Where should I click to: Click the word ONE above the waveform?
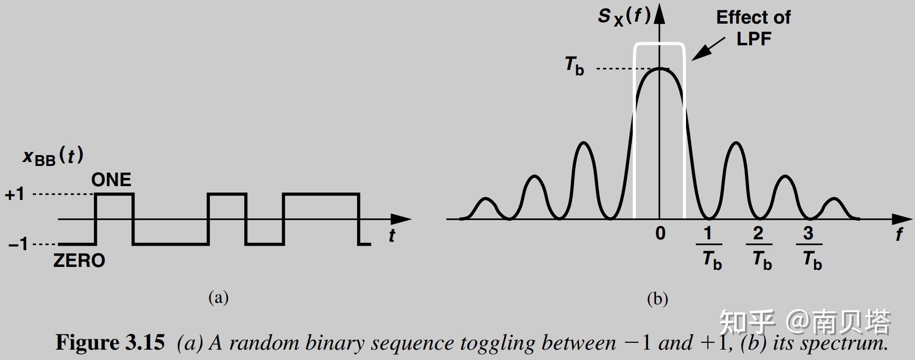pyautogui.click(x=111, y=180)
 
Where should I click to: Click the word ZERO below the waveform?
pyautogui.click(x=79, y=260)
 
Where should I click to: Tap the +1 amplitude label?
pyautogui.click(x=15, y=195)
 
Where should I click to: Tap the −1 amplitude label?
pyautogui.click(x=19, y=244)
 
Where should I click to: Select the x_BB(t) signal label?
pyautogui.click(x=53, y=157)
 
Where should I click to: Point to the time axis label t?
pyautogui.click(x=392, y=236)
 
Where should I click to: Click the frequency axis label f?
pyautogui.click(x=899, y=234)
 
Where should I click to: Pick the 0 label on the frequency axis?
pyautogui.click(x=660, y=233)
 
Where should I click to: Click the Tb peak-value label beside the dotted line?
pyautogui.click(x=574, y=65)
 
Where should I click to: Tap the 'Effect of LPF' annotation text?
pyautogui.click(x=753, y=28)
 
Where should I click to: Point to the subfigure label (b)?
pyautogui.click(x=657, y=298)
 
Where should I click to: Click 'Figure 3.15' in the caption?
pyautogui.click(x=110, y=342)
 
